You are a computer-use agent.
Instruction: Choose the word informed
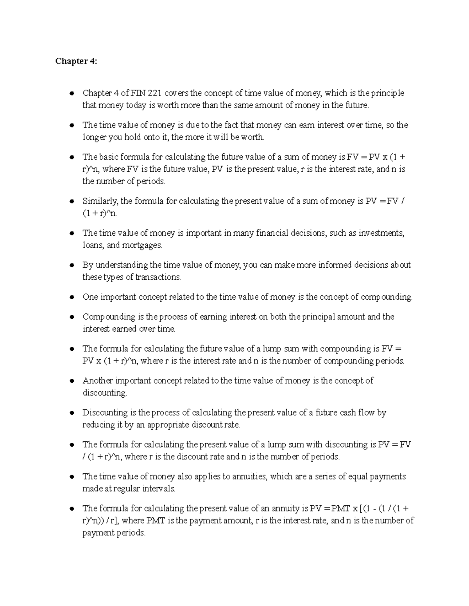coord(335,265)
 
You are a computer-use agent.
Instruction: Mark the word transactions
coord(158,277)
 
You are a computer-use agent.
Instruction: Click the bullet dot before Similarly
coord(72,202)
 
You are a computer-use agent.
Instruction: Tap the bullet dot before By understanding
coord(72,265)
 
